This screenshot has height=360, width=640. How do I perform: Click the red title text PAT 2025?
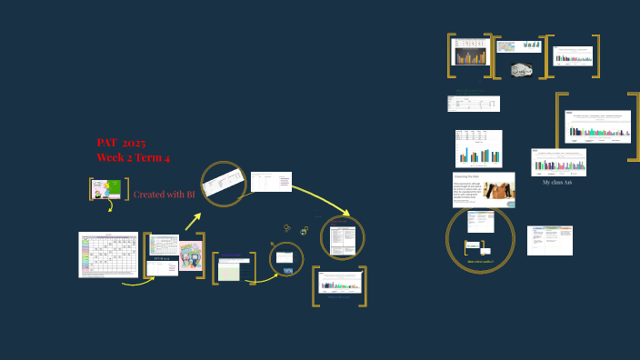click(x=121, y=143)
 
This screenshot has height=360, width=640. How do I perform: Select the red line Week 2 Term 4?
click(x=134, y=157)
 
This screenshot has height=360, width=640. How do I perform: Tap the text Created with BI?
click(x=165, y=195)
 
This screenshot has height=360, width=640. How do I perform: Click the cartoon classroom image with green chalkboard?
click(x=107, y=189)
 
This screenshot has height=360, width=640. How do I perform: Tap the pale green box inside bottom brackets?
click(x=234, y=270)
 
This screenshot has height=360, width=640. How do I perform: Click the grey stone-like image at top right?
click(x=521, y=70)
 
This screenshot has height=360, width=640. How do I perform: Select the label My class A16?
click(x=556, y=183)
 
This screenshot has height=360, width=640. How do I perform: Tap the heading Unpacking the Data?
click(x=468, y=176)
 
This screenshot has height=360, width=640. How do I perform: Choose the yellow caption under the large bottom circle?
click(x=481, y=261)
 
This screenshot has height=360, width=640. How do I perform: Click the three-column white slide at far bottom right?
click(x=551, y=240)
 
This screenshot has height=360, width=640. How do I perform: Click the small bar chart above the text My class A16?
click(x=558, y=162)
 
